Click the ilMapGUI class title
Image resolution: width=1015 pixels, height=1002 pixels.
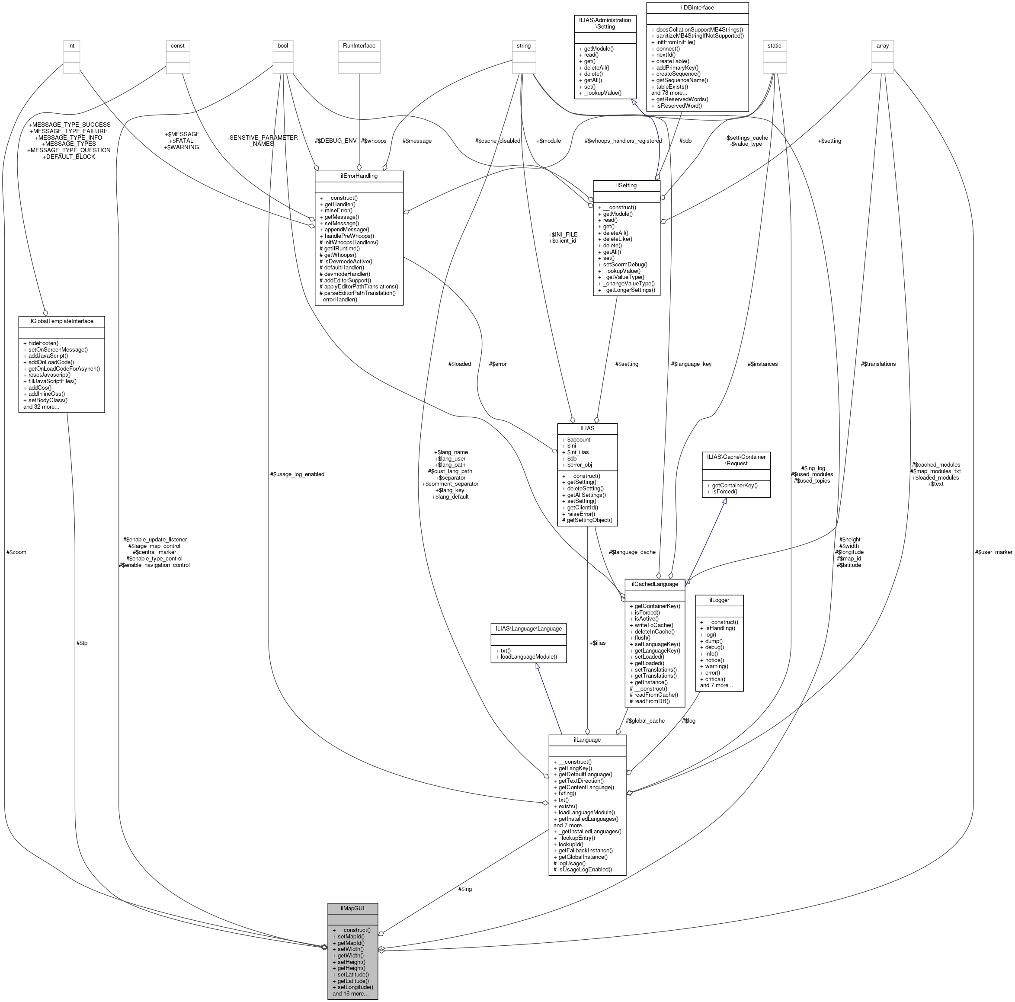pos(352,908)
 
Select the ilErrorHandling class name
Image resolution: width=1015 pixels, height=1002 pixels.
pos(359,176)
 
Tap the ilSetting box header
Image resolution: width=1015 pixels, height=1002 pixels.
pos(626,186)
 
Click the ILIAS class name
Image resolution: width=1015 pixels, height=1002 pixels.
pos(587,428)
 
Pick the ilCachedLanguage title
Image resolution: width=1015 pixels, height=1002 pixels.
pos(655,584)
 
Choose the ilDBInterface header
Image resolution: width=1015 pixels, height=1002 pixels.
pos(697,8)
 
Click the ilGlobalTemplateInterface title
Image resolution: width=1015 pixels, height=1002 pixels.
pos(61,321)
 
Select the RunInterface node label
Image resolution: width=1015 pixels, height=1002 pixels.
pos(359,46)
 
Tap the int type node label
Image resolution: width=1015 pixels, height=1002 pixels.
pos(71,46)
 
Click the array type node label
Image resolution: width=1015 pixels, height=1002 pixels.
pos(883,46)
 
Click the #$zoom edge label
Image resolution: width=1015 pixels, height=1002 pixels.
pos(16,552)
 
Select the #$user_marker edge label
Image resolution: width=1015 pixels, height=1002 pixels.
pos(993,552)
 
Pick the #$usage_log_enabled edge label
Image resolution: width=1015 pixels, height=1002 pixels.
pos(298,474)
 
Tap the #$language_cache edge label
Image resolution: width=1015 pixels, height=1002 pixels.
pos(632,552)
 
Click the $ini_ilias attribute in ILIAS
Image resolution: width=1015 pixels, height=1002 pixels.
pos(575,452)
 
